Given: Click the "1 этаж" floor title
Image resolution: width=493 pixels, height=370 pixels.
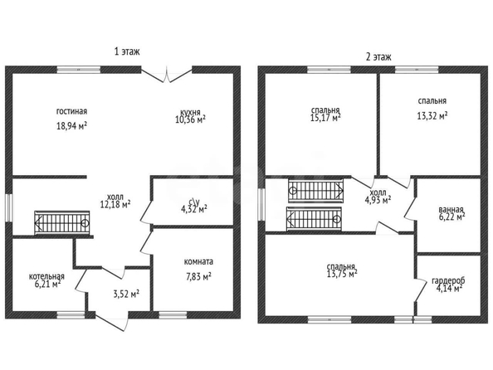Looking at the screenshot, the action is (127, 51).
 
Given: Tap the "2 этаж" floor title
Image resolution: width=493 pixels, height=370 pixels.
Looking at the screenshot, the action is (378, 57).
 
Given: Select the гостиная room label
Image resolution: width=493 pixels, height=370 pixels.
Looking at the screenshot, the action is (71, 111).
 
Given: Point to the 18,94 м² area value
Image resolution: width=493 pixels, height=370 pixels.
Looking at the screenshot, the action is (71, 126).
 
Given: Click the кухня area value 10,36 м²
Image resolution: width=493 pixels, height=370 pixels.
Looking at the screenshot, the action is (191, 119).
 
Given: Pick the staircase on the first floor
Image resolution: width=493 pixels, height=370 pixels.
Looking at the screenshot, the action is (62, 222).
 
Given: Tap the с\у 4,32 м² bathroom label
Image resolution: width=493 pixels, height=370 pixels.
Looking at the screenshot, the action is (192, 206).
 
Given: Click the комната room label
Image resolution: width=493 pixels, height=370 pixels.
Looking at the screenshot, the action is (198, 261).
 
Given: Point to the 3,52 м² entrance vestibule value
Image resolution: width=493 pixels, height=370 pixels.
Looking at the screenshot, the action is (126, 295).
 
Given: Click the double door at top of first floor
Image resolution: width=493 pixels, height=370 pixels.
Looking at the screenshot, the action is (166, 74).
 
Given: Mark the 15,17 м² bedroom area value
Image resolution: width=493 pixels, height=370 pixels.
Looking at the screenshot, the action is (325, 118).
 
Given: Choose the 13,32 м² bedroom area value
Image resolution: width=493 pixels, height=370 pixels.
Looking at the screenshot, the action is (432, 116).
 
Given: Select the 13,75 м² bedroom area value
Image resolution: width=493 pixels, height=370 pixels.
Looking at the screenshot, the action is (342, 274).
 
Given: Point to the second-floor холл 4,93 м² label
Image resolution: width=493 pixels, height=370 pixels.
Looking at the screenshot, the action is (378, 197).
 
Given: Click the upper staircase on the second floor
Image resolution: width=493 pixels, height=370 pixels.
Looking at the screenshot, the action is (315, 191).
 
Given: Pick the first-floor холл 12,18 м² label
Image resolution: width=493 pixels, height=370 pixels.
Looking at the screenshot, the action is (115, 202).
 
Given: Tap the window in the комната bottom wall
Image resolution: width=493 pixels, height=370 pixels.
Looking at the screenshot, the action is (173, 314).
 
